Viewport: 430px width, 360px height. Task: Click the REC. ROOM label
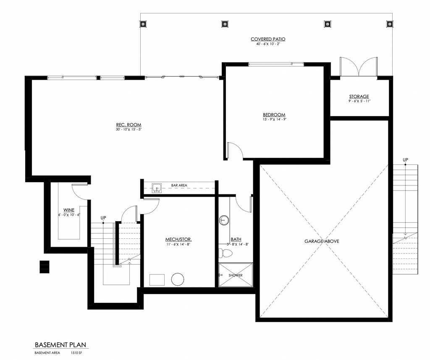pyautogui.click(x=128, y=125)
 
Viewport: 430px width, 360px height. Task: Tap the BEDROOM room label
pyautogui.click(x=274, y=115)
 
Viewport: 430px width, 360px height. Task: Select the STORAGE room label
pyautogui.click(x=359, y=97)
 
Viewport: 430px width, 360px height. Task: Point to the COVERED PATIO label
pyautogui.click(x=268, y=39)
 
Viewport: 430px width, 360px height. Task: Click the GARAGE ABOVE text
pyautogui.click(x=322, y=241)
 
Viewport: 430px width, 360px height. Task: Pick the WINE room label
pyautogui.click(x=69, y=210)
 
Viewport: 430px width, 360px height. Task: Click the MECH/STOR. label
pyautogui.click(x=178, y=240)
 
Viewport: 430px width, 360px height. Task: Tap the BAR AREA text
pyautogui.click(x=179, y=185)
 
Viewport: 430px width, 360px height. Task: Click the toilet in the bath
pyautogui.click(x=225, y=253)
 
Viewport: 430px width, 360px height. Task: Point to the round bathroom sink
pyautogui.click(x=224, y=220)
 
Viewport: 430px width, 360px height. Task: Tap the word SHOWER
pyautogui.click(x=236, y=275)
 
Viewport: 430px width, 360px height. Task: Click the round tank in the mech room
pyautogui.click(x=178, y=279)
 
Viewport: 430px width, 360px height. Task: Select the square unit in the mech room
pyautogui.click(x=157, y=280)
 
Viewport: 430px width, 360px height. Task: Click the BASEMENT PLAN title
pyautogui.click(x=60, y=345)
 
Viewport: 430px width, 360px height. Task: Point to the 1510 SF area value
pyautogui.click(x=76, y=353)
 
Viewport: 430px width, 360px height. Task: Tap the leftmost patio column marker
pyautogui.click(x=143, y=24)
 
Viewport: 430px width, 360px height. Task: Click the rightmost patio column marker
pyautogui.click(x=389, y=24)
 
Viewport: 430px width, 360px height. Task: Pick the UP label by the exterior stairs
pyautogui.click(x=405, y=160)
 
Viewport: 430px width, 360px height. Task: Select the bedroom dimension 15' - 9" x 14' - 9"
pyautogui.click(x=274, y=120)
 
